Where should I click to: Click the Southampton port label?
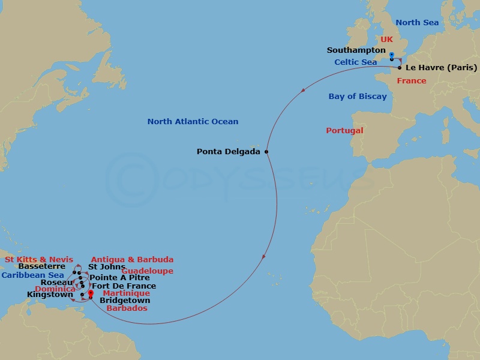356,50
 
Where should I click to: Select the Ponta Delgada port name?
229,152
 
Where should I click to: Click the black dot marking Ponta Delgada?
266,152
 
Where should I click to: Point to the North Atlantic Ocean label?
193,122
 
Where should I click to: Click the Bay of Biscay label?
358,97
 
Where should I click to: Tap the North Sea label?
417,23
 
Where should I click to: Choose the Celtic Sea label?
356,62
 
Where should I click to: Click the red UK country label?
386,39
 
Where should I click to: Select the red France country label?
412,81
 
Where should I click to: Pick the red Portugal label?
344,131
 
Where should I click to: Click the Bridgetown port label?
125,301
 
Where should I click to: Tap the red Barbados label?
127,308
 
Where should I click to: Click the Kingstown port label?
50,295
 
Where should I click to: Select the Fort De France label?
124,286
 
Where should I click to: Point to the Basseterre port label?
42,266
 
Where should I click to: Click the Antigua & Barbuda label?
132,260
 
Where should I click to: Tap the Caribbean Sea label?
32,275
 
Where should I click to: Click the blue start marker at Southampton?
391,55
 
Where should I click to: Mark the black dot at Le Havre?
400,68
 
